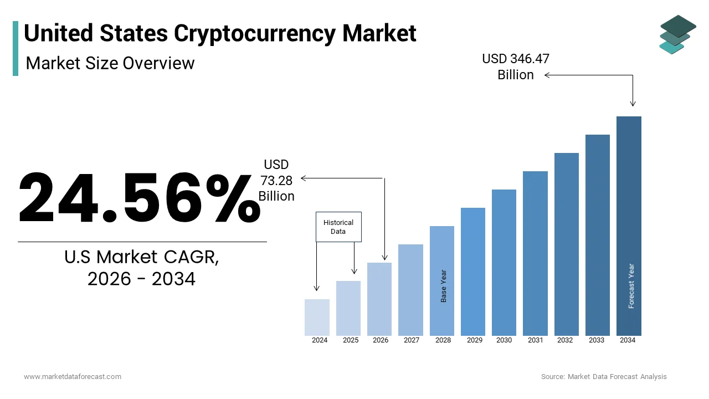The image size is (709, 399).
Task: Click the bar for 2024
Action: tap(317, 317)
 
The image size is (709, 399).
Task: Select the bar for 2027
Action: tap(410, 290)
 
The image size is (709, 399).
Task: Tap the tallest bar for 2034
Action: tap(629, 226)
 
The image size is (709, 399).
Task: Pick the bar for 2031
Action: tap(535, 253)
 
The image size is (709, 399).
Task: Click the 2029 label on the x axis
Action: tap(475, 340)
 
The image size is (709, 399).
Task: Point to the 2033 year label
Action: tap(597, 340)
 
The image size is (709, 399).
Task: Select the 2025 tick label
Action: tap(351, 340)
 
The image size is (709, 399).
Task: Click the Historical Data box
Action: tap(338, 227)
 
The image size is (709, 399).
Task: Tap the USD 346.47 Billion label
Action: tap(516, 66)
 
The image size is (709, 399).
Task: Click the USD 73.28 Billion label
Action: tap(276, 180)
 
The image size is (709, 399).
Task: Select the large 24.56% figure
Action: tap(140, 198)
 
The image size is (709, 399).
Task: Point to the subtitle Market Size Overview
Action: tap(110, 63)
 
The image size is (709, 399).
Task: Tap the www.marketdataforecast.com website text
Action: tap(73, 377)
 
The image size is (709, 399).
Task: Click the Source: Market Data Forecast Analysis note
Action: tap(604, 377)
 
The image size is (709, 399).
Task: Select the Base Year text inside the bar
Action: tap(444, 286)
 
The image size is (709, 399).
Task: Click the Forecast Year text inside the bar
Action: tap(631, 286)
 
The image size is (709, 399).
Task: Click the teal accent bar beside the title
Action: tap(16, 48)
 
